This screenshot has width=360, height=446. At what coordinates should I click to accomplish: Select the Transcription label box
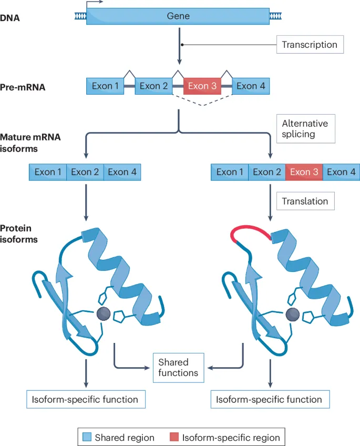[310, 45]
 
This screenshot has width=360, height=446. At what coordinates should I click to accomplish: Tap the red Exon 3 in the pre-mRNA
[202, 86]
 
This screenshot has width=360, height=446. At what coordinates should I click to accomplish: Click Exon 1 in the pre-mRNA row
[105, 86]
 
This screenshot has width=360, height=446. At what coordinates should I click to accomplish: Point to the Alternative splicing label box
[305, 129]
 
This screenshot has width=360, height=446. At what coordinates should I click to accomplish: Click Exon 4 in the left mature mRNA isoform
[122, 172]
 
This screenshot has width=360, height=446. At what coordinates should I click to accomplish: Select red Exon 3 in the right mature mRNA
[304, 172]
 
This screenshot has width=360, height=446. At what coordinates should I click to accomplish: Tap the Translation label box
[305, 201]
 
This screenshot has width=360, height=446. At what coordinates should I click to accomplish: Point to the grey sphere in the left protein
[103, 315]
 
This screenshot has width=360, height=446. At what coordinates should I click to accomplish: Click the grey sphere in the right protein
[292, 315]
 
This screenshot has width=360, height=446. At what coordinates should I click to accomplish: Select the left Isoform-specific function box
[86, 399]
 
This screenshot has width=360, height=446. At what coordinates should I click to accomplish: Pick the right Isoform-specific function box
[270, 399]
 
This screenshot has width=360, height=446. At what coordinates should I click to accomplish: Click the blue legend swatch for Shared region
[88, 437]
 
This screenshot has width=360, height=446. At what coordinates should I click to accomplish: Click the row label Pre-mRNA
[23, 87]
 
